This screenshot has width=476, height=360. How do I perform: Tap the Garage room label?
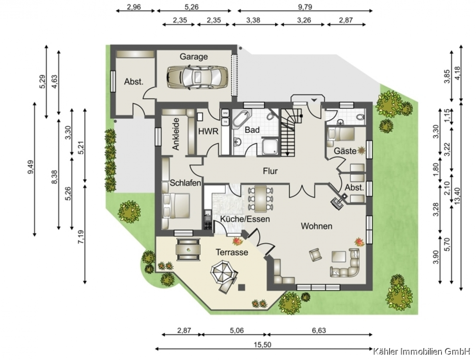[194, 57]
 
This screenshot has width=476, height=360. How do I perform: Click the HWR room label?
[208, 131]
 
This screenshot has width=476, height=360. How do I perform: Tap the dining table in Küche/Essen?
[261, 198]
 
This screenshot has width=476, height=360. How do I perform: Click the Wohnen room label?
[316, 226]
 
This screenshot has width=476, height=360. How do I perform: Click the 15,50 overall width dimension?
[263, 345]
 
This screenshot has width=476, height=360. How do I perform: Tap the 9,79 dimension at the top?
[304, 6]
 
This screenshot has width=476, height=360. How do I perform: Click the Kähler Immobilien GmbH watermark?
[422, 352]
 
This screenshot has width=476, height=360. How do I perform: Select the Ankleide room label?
[176, 134]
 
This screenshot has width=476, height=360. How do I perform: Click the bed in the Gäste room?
[341, 134]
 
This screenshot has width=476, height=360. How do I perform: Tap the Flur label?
[270, 171]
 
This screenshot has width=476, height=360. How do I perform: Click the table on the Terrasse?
[188, 250]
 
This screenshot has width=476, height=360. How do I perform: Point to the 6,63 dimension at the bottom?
[319, 330]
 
